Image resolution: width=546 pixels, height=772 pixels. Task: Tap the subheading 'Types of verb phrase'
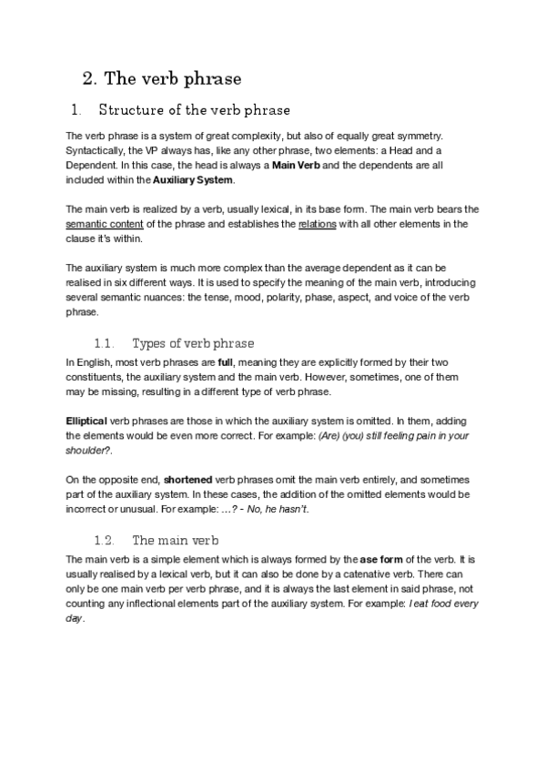[x=193, y=343]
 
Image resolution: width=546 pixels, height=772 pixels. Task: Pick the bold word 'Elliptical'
[x=87, y=421]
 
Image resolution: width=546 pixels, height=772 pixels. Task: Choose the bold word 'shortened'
[x=189, y=479]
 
